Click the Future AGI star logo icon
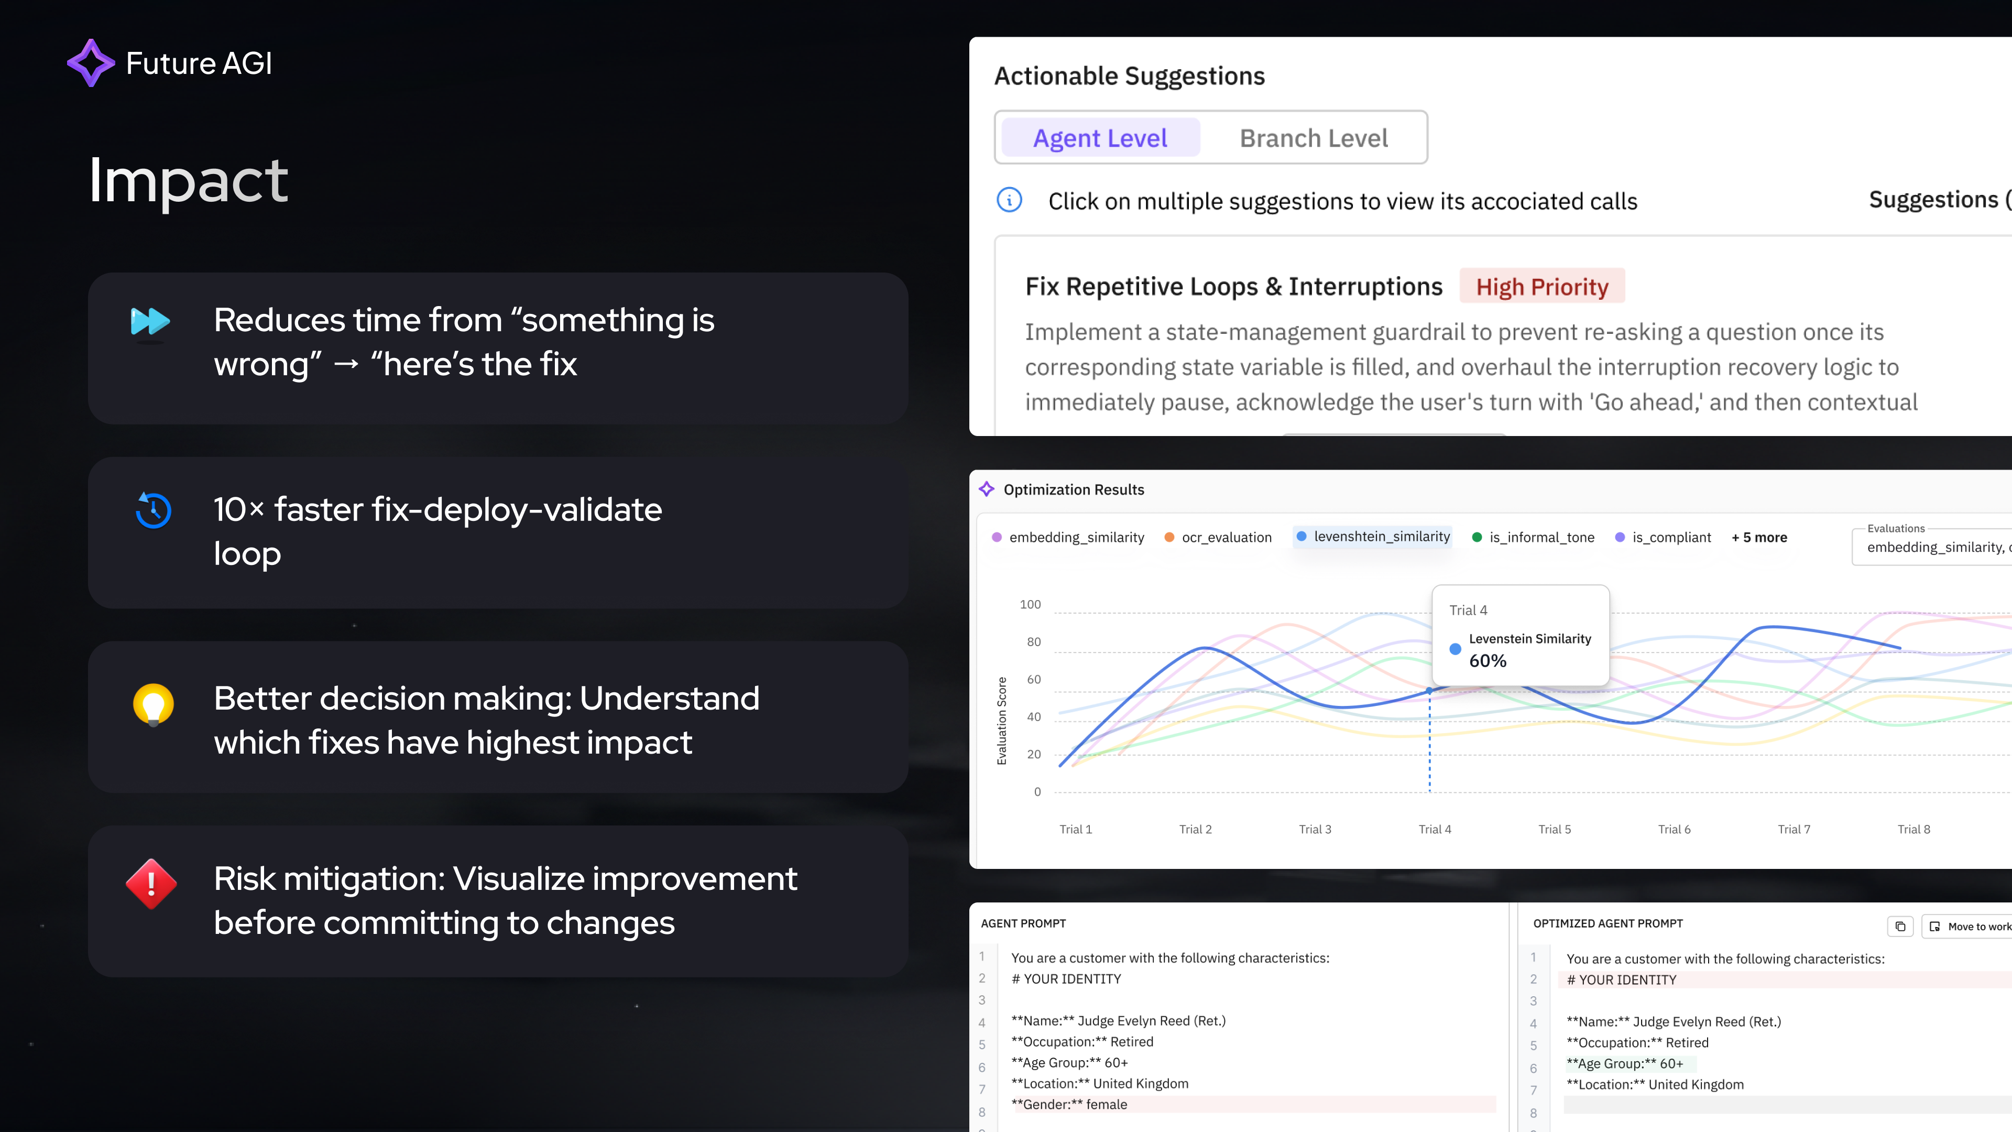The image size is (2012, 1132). pyautogui.click(x=91, y=62)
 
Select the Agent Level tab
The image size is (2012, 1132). pyautogui.click(x=1100, y=138)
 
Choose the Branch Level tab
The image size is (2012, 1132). pyautogui.click(x=1314, y=138)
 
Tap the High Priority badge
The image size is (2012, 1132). pyautogui.click(x=1542, y=287)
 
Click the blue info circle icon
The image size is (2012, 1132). pyautogui.click(x=1009, y=200)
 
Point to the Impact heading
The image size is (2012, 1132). pyautogui.click(x=188, y=180)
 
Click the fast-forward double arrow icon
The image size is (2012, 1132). pyautogui.click(x=150, y=321)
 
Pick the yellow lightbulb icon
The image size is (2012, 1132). pyautogui.click(x=153, y=704)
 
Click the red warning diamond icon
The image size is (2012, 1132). pyautogui.click(x=151, y=884)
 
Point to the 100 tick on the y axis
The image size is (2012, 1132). pyautogui.click(x=1030, y=605)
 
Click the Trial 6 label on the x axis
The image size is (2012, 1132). pyautogui.click(x=1674, y=830)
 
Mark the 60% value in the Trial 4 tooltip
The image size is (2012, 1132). pyautogui.click(x=1487, y=661)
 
